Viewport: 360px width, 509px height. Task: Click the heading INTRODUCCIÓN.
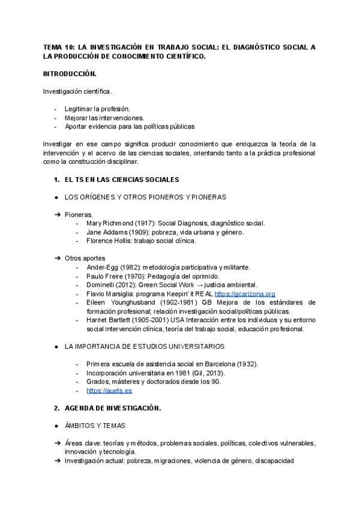tap(69, 74)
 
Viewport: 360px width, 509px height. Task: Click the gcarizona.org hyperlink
tap(244, 294)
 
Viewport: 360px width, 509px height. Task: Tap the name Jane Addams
tap(106, 232)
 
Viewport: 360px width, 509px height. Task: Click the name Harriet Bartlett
tap(109, 320)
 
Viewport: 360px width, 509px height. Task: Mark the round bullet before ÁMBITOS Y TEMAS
tap(55, 426)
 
